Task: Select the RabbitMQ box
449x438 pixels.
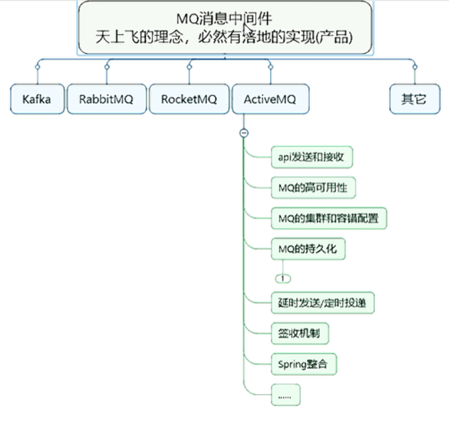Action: coord(106,99)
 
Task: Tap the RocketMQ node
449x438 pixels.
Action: coord(189,99)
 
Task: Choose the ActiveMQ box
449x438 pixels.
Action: coord(270,99)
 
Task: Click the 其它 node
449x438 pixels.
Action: coord(414,99)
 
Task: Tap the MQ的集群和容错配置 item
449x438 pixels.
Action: coord(328,218)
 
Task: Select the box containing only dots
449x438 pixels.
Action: coord(285,394)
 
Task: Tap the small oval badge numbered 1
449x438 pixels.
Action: coord(283,278)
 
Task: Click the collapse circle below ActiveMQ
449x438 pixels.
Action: coord(244,132)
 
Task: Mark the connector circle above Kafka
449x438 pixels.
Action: coord(37,68)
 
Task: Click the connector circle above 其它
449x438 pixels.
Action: coord(414,68)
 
